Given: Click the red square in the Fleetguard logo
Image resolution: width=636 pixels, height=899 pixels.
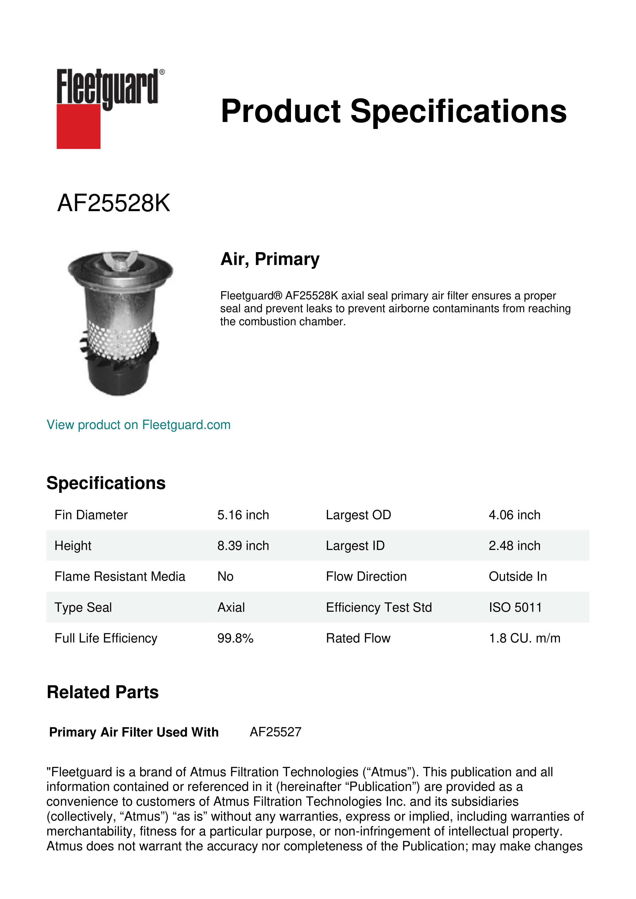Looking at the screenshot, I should point(78,126).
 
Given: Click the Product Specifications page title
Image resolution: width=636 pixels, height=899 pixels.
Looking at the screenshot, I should point(393,111).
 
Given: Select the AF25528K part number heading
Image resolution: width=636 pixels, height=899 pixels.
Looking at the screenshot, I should point(114,203).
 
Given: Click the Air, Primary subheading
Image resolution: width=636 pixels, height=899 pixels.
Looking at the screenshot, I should point(270,259).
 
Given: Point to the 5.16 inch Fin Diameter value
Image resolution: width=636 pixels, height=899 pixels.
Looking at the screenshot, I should point(243,515).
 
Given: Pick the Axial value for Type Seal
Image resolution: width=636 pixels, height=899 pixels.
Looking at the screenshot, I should point(231,607).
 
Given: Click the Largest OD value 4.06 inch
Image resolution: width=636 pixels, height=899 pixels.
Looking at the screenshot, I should point(514,515).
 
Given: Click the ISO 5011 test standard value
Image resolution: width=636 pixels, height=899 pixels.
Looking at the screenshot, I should point(515,607).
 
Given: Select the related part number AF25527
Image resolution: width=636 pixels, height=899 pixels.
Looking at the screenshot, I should point(275,732).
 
